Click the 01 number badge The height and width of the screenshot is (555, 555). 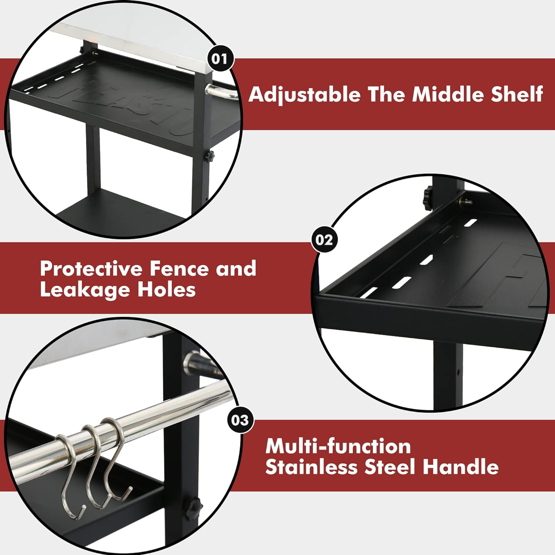pyautogui.click(x=220, y=58)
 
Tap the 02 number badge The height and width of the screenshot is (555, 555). pyautogui.click(x=324, y=240)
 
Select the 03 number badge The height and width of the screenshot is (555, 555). pyautogui.click(x=240, y=420)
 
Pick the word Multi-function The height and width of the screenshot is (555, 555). pyautogui.click(x=338, y=446)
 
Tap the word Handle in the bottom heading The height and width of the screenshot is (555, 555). pyautogui.click(x=461, y=467)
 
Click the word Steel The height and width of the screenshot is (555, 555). pyautogui.click(x=390, y=467)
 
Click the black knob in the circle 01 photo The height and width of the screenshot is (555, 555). pyautogui.click(x=210, y=156)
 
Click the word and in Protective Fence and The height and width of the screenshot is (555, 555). pyautogui.click(x=236, y=269)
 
